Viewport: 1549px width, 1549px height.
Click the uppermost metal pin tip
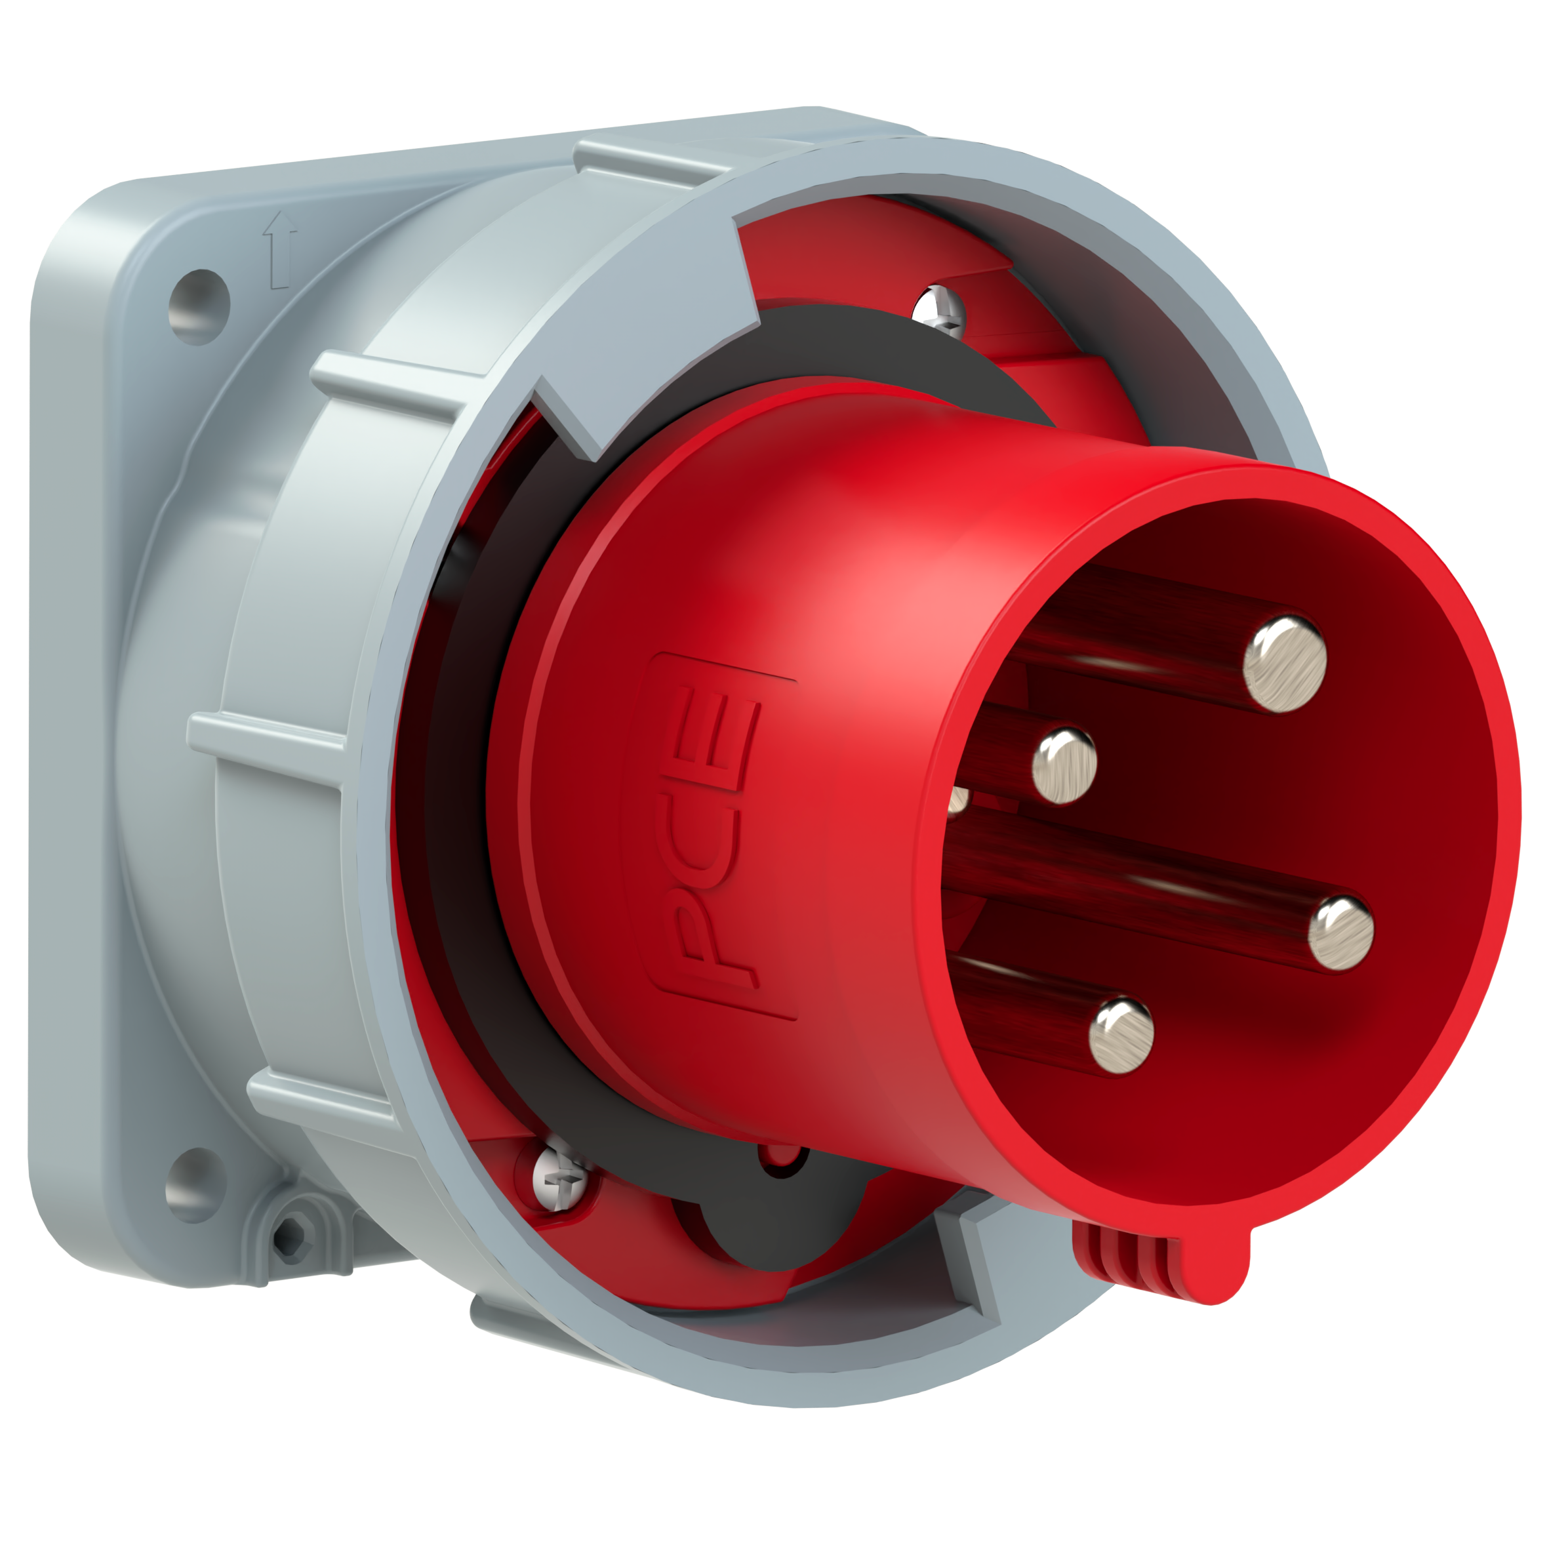point(1285,664)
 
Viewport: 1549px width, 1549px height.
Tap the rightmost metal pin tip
point(1340,933)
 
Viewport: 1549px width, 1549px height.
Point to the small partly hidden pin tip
point(959,799)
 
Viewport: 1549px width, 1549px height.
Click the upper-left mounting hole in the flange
point(198,306)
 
